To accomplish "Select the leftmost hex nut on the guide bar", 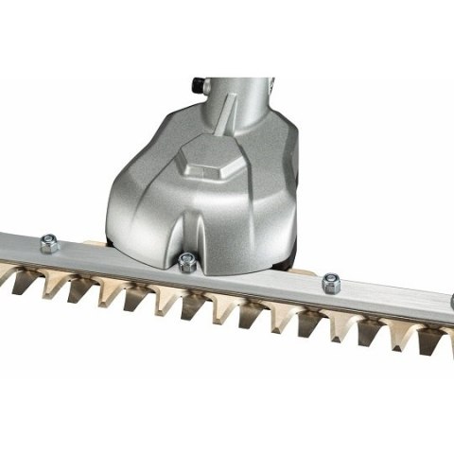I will pos(48,244).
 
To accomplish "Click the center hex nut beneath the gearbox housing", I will pos(186,262).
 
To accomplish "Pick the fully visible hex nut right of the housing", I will pos(330,282).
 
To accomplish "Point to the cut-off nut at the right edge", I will pos(450,302).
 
